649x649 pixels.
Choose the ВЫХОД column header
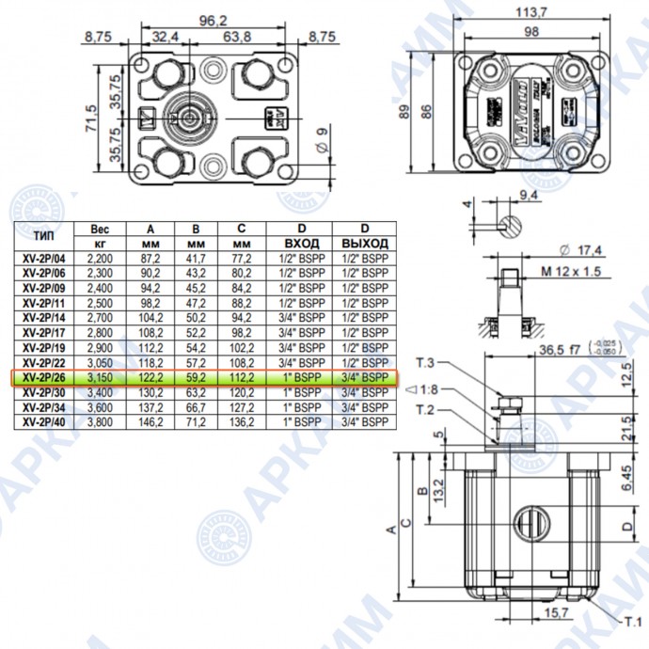pyautogui.click(x=365, y=243)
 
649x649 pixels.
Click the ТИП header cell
pyautogui.click(x=42, y=236)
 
